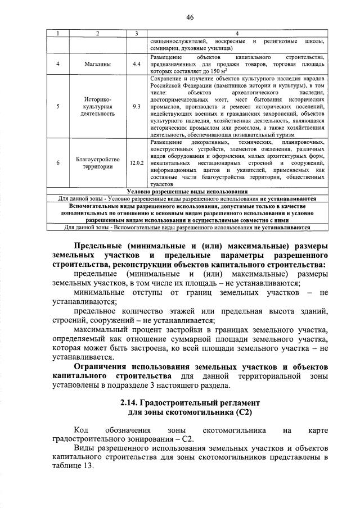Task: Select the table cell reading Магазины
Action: (98, 64)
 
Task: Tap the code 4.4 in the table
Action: (136, 64)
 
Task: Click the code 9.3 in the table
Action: (136, 106)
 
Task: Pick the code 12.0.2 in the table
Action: (136, 163)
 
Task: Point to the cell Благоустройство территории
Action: (98, 163)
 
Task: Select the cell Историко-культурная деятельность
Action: (98, 106)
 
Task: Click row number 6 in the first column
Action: (58, 163)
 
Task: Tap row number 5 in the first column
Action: (58, 106)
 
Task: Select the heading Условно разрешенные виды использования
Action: (187, 192)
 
